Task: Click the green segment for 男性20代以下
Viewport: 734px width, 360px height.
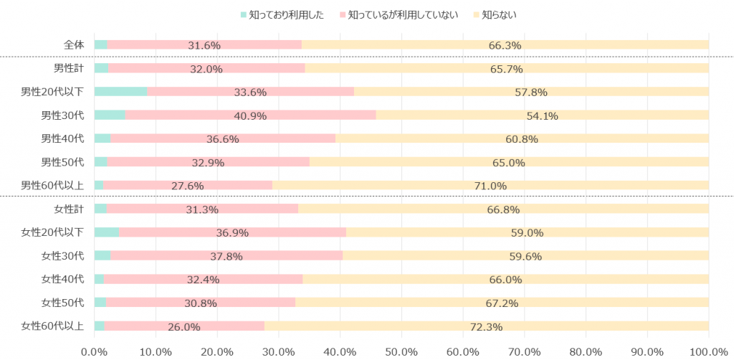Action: (x=120, y=92)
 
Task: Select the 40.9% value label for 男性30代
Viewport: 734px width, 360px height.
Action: (x=250, y=115)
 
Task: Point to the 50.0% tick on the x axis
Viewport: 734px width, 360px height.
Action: (x=401, y=351)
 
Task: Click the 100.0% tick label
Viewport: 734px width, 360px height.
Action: (x=708, y=351)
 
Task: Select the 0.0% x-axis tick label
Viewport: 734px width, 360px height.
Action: (x=94, y=351)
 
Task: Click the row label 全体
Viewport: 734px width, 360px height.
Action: (x=74, y=45)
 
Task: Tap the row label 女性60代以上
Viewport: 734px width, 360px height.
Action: (x=52, y=326)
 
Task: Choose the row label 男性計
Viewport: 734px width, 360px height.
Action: (x=69, y=68)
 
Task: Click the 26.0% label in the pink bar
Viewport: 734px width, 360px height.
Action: (x=184, y=327)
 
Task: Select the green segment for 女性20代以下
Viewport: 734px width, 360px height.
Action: (x=106, y=232)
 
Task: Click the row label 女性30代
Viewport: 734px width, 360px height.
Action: (x=63, y=256)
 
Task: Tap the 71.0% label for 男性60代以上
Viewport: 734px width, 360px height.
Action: (x=490, y=186)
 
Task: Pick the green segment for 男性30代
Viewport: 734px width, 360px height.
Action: (x=110, y=115)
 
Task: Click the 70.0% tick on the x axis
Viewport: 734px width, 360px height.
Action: (x=524, y=351)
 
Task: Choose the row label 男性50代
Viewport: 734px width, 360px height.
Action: (x=63, y=162)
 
